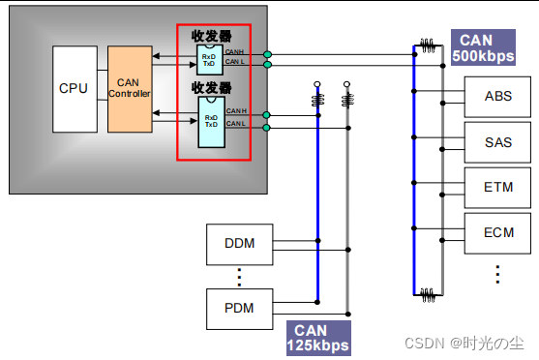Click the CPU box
pyautogui.click(x=74, y=88)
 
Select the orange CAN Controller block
pyautogui.click(x=129, y=88)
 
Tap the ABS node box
pyautogui.click(x=498, y=97)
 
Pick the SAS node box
pyautogui.click(x=498, y=142)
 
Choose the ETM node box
pyautogui.click(x=498, y=188)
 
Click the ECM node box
pyautogui.click(x=498, y=233)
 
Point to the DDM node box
pyautogui.click(x=239, y=243)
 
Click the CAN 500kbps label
pyautogui.click(x=482, y=47)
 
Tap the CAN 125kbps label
pyautogui.click(x=316, y=337)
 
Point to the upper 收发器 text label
pyautogui.click(x=211, y=35)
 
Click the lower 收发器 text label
pyautogui.click(x=211, y=88)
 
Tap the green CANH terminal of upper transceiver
pyautogui.click(x=267, y=54)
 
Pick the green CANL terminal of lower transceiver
pyautogui.click(x=267, y=126)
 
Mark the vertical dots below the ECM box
pyautogui.click(x=498, y=274)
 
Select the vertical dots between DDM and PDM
pyautogui.click(x=239, y=276)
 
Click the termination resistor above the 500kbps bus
pyautogui.click(x=426, y=45)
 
